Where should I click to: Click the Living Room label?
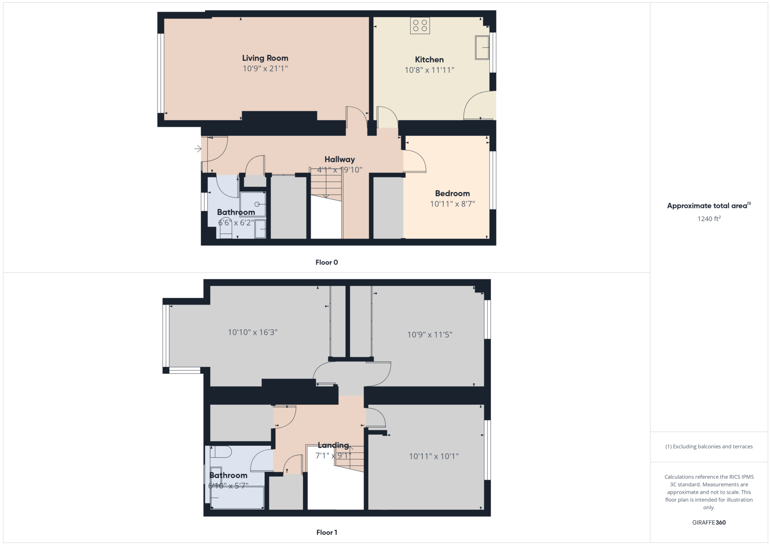[x=265, y=58]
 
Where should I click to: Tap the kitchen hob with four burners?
[x=420, y=26]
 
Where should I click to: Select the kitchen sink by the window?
[x=482, y=47]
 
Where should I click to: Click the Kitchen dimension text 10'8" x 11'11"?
[x=429, y=70]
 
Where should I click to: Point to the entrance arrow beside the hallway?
[x=198, y=149]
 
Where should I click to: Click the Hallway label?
[x=340, y=159]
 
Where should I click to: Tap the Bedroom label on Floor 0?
[x=452, y=193]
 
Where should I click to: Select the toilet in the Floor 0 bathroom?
[x=226, y=228]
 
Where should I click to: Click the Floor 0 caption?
[x=326, y=263]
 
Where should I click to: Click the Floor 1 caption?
[x=326, y=532]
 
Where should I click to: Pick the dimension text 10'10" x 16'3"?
[x=253, y=332]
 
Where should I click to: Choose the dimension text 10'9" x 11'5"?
[x=430, y=334]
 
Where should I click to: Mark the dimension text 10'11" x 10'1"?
[x=434, y=456]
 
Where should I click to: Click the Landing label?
[x=333, y=445]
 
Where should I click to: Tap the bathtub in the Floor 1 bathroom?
[x=237, y=497]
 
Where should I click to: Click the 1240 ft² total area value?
[x=709, y=219]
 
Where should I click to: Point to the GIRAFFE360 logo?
[x=709, y=522]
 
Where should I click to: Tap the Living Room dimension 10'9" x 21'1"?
[x=265, y=68]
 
